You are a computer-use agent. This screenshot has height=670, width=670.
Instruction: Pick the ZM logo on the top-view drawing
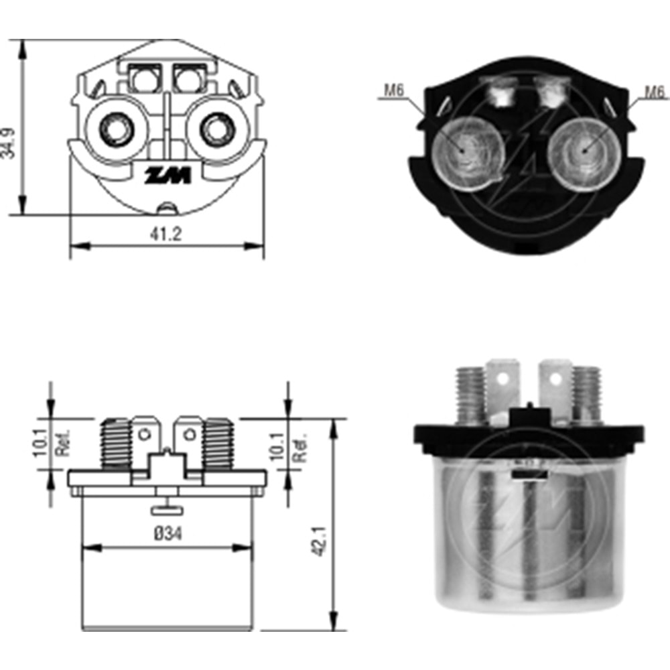click(168, 176)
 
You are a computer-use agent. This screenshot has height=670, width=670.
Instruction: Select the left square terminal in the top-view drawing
click(142, 80)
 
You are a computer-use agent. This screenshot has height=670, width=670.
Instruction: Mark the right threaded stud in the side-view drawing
click(218, 444)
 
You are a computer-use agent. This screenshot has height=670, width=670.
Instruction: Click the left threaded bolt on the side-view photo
click(470, 395)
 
